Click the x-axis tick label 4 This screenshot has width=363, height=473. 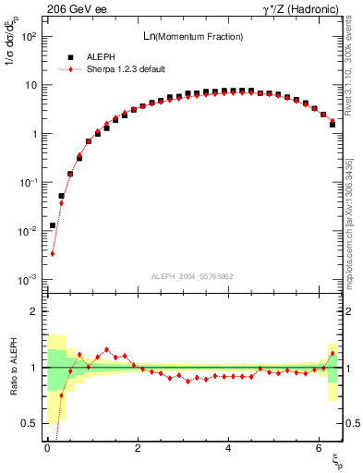click(x=228, y=448)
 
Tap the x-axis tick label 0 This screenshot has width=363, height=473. click(x=47, y=448)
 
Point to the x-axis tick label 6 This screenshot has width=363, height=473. click(x=319, y=448)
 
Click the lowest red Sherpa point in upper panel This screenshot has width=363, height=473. click(x=53, y=253)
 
